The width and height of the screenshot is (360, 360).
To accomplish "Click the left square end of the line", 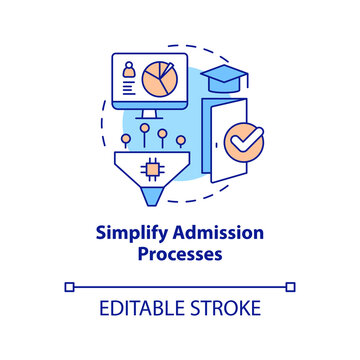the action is point(69,287).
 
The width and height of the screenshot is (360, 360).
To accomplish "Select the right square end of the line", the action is point(291,287).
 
